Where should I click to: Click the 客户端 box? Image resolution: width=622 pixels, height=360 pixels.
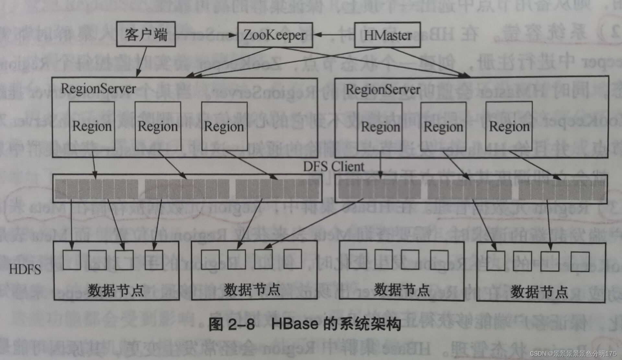point(146,34)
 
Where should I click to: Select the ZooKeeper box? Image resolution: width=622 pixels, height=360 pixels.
point(275,35)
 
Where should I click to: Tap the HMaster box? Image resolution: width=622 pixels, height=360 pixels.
point(387,35)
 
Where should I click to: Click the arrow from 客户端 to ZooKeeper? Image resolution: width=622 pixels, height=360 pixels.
point(206,34)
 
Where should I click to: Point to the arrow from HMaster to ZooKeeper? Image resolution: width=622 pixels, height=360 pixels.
point(334,35)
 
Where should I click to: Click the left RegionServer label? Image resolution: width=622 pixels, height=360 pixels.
point(98,89)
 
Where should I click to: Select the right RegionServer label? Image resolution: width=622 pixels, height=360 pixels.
point(383,90)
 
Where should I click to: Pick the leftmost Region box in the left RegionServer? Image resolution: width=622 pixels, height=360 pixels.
point(92,126)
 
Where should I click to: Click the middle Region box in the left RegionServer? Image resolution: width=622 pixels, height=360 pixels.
point(158,126)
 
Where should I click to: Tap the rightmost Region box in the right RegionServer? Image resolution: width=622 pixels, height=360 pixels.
point(509,126)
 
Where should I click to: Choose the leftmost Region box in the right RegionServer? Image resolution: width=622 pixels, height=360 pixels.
point(380,127)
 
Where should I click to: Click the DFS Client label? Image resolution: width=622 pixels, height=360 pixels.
point(334,166)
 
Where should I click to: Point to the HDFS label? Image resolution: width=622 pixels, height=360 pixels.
point(25,269)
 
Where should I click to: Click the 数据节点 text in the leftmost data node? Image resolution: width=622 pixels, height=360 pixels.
point(116,290)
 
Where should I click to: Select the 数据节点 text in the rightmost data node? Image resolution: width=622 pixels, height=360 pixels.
point(539,292)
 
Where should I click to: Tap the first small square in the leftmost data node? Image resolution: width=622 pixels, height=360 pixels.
point(72,260)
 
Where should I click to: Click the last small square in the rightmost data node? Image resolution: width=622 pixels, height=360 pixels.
point(580,262)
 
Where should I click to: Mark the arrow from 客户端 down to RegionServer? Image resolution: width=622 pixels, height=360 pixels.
point(142,62)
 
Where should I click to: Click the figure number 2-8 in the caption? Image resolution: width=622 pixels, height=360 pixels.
point(242,324)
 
